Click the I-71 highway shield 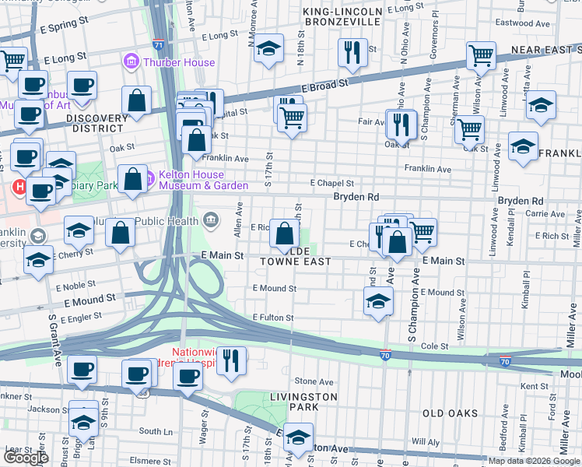(158, 44)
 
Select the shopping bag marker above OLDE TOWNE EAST (286, 233)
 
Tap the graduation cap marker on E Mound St (378, 301)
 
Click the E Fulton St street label (272, 318)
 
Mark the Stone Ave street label (314, 382)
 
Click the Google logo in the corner (26, 457)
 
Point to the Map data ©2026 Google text (533, 460)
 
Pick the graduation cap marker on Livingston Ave (297, 437)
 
